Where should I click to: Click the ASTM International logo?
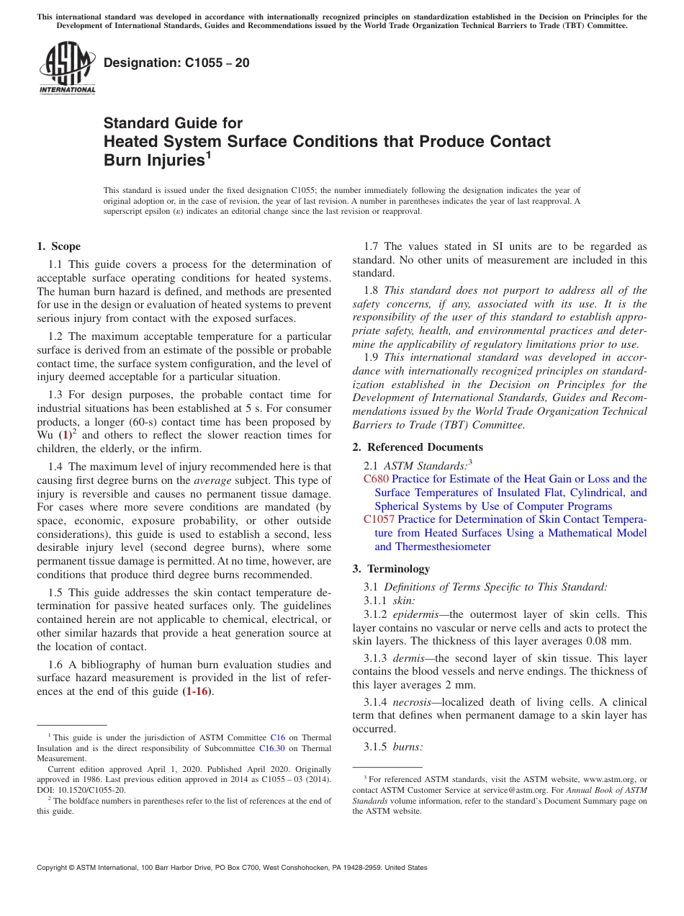(x=66, y=68)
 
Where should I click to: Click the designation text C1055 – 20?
(x=177, y=63)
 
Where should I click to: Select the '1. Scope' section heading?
(x=59, y=246)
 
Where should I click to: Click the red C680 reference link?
(x=376, y=479)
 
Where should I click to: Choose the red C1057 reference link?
(x=379, y=519)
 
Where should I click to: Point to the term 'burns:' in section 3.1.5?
(x=408, y=747)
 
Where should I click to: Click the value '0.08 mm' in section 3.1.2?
(x=608, y=642)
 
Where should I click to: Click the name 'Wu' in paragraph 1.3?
(x=45, y=436)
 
